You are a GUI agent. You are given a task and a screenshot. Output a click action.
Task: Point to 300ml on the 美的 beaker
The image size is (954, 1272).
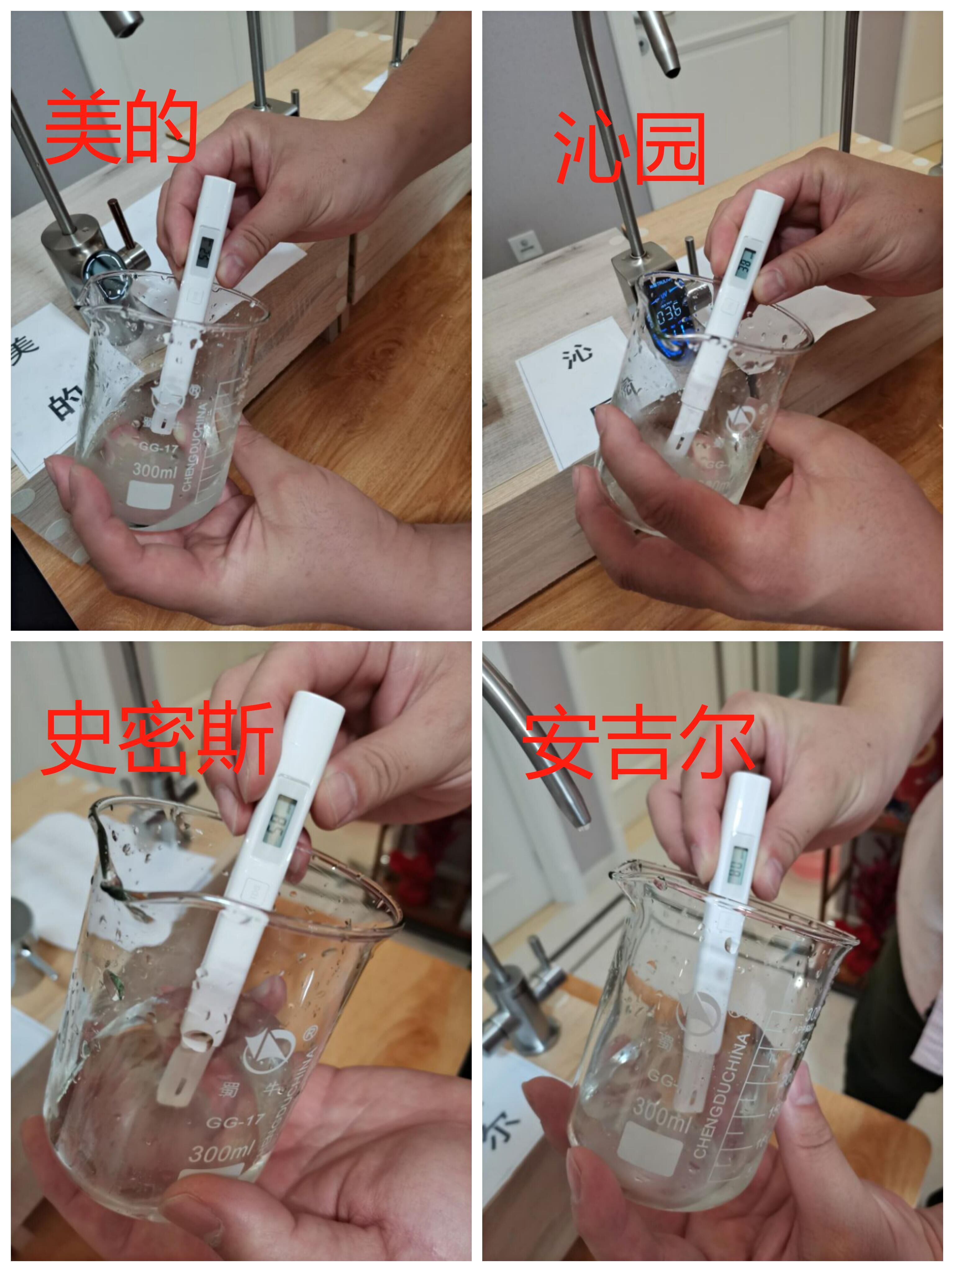154,470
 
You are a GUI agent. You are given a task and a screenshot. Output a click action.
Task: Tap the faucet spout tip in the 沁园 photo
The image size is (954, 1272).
670,71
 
